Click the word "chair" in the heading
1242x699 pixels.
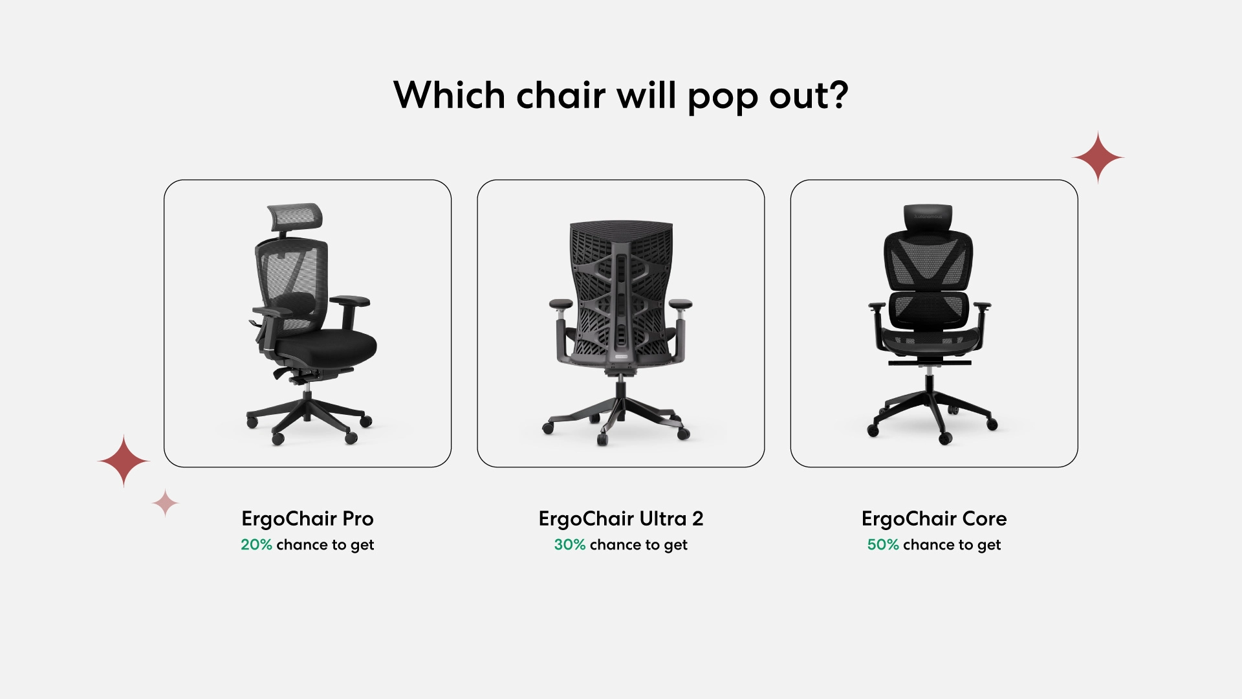(x=561, y=95)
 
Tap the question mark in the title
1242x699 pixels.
(x=838, y=94)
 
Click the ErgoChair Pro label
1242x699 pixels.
(x=307, y=518)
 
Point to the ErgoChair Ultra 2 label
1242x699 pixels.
(x=621, y=518)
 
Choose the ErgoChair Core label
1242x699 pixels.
(x=934, y=518)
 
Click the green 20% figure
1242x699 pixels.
(x=256, y=545)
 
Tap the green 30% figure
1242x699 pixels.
(x=570, y=545)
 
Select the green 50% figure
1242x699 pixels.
(x=883, y=545)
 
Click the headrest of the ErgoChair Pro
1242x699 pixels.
(x=295, y=216)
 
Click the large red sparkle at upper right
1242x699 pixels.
(x=1098, y=157)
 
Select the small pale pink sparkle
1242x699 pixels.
(x=165, y=503)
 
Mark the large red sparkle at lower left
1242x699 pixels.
(x=124, y=461)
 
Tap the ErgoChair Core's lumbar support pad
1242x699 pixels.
(x=929, y=308)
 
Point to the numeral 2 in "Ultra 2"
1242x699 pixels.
(x=697, y=519)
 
